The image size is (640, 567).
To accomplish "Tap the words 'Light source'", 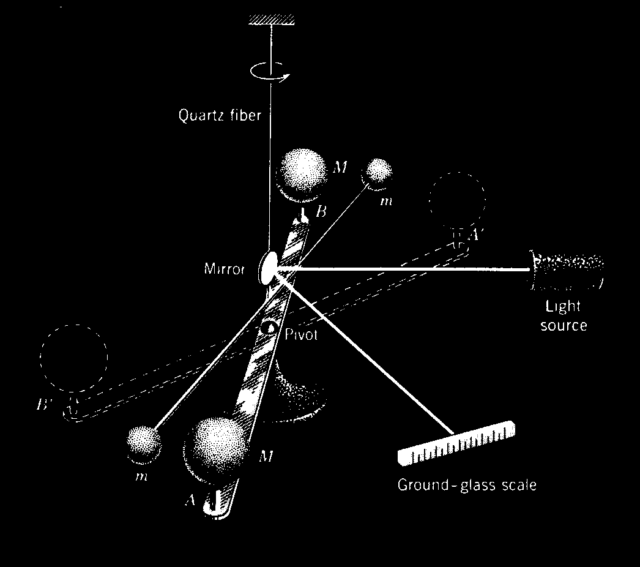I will pos(564,315).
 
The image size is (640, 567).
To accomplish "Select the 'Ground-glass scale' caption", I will pos(467,486).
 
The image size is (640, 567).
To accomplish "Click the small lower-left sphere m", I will pos(144,443).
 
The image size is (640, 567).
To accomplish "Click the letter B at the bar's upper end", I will pos(321,212).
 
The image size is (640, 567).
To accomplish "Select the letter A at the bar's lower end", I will pos(190,500).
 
